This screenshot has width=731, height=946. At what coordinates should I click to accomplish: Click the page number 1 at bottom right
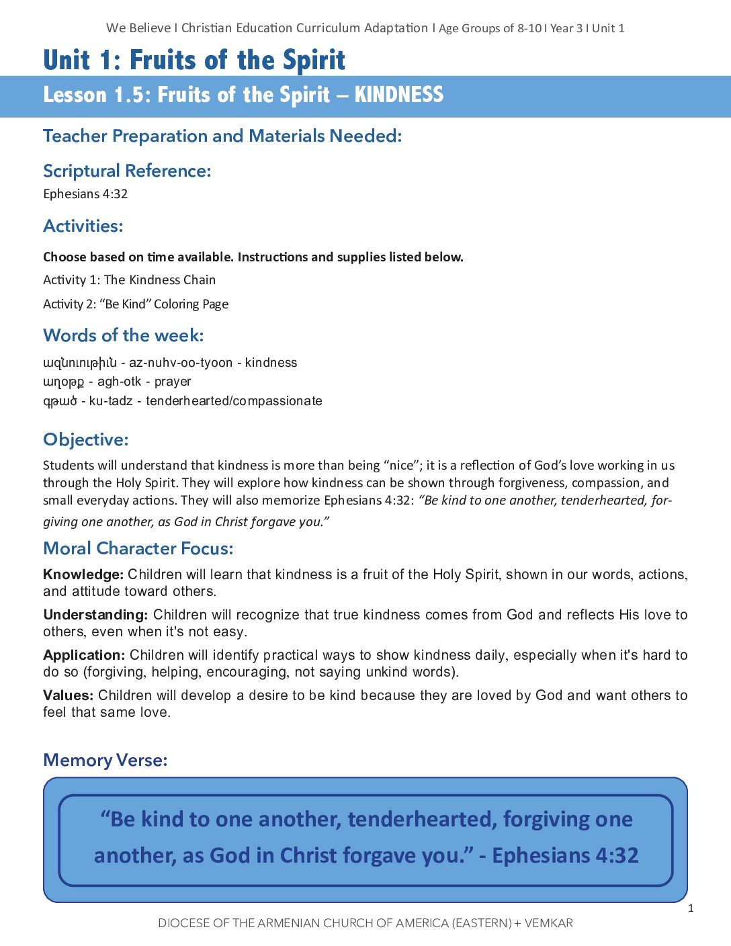point(691,908)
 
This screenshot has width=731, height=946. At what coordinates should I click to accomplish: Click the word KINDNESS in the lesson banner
point(398,95)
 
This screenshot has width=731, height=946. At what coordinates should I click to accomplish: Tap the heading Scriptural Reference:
point(127,171)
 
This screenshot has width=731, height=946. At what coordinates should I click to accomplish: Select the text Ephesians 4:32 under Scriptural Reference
point(85,194)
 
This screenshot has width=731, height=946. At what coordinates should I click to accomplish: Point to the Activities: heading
point(83,226)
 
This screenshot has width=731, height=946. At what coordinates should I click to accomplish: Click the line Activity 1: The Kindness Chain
point(129,280)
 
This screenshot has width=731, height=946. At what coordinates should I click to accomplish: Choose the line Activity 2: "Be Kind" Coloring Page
point(136,304)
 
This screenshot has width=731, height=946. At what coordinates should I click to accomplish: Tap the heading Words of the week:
point(124,335)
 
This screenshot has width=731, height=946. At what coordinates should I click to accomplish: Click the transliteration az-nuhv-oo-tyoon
point(181,363)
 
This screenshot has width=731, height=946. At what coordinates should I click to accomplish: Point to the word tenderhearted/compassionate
point(234,401)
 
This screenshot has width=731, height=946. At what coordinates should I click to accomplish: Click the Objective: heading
point(85,439)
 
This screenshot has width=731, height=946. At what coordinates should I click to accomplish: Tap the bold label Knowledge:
point(83,574)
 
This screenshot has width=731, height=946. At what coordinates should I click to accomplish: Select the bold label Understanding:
point(95,615)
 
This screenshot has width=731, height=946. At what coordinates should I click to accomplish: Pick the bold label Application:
point(84,655)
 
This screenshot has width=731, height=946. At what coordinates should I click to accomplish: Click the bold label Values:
point(68,695)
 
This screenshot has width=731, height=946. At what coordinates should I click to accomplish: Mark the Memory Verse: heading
point(105,760)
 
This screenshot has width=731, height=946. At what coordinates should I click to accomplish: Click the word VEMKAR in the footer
point(548,923)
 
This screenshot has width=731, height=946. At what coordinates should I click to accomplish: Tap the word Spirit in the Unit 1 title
point(314,60)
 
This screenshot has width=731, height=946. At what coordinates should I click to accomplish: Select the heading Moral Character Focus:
point(138,548)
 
